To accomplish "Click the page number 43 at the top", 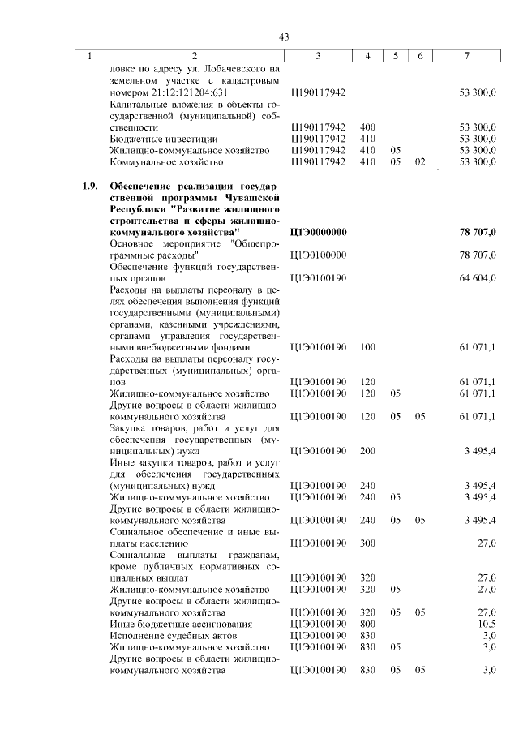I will point(284,36).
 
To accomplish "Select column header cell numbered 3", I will point(318,55).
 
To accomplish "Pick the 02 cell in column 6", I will point(419,161).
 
